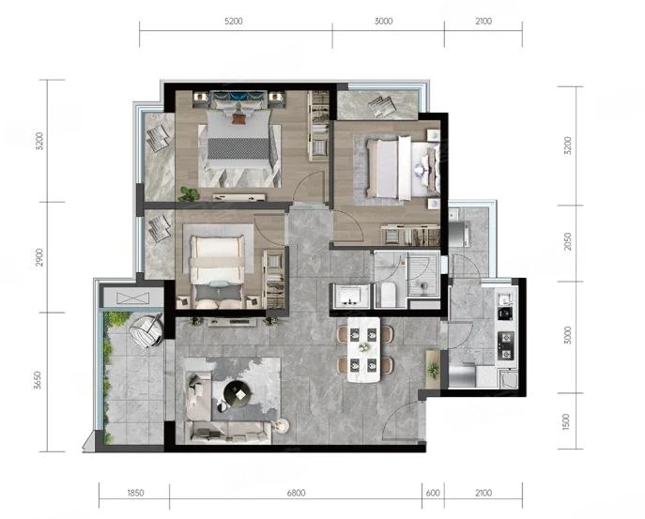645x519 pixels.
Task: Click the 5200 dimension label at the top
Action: coord(233,21)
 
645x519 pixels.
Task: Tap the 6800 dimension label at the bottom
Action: coord(296,493)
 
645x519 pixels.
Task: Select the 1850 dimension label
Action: coord(135,493)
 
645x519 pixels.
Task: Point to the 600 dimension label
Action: coord(433,493)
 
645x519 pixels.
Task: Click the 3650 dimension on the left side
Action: coord(38,380)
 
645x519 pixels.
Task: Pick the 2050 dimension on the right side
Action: coord(568,241)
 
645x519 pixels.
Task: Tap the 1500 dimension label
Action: coord(566,422)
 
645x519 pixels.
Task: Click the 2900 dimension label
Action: coord(39,257)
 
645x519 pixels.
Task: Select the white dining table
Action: coord(363,349)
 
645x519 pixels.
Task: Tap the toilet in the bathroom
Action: coord(388,295)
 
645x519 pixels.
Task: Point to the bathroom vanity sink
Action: coord(349,295)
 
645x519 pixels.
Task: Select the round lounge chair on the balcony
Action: coord(145,329)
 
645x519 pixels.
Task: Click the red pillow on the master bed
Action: coord(238,119)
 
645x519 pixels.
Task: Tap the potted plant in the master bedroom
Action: coord(189,194)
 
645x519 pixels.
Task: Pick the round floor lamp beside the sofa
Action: coord(283,426)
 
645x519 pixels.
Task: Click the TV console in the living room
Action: coord(230,322)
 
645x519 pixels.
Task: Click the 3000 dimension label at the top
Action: coord(383,21)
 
